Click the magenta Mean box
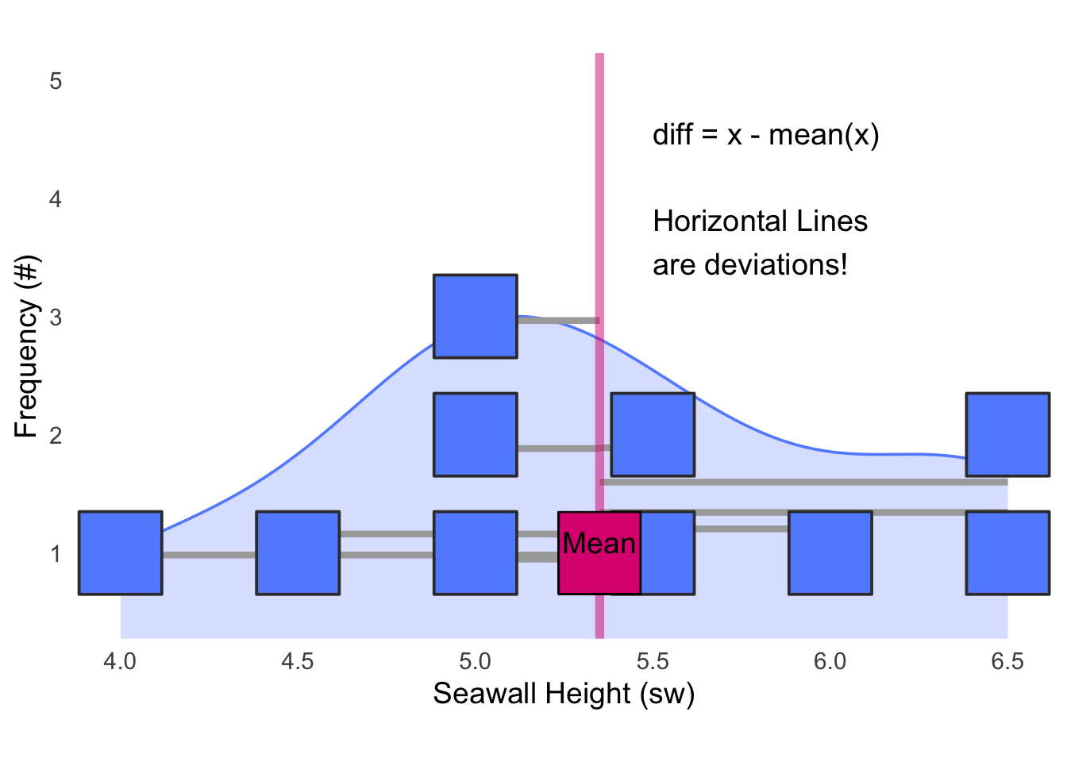[x=599, y=553]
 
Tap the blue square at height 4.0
[x=121, y=553]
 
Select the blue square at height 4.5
[x=298, y=553]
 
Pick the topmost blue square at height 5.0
[x=476, y=316]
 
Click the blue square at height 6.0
[x=830, y=553]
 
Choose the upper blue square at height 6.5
[x=1008, y=434]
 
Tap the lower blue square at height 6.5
[x=1008, y=553]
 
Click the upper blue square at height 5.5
[x=653, y=434]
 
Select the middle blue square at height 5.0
[x=476, y=434]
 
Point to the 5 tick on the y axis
[x=56, y=81]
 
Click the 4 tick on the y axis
[x=56, y=199]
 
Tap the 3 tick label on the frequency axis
[x=56, y=317]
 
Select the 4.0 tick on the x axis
[x=120, y=661]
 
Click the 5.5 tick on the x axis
[x=653, y=661]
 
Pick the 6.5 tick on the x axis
[x=1007, y=661]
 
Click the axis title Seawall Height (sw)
[x=564, y=694]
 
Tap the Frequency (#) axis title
[x=26, y=346]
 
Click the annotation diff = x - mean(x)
[x=766, y=135]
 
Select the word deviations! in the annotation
[x=776, y=265]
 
